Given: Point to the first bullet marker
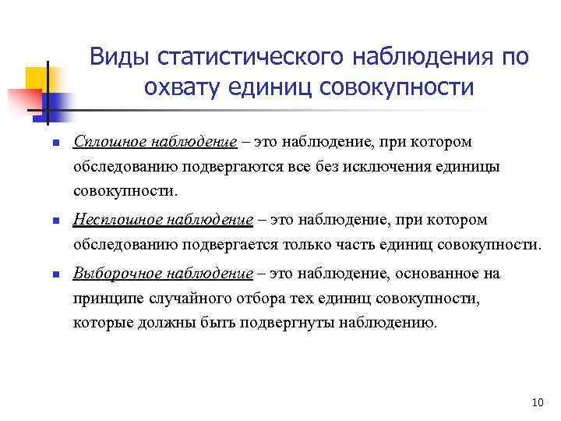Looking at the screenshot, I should point(46,143).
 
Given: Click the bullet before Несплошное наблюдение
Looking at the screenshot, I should point(46,221).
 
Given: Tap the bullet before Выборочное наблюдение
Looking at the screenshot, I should point(46,275).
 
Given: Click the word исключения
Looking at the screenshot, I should point(406,167).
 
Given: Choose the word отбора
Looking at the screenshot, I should point(252,299).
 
